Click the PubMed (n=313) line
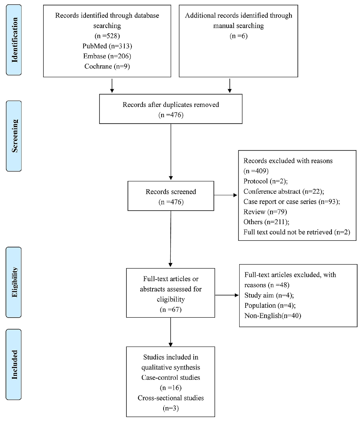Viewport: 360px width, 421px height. (x=107, y=46)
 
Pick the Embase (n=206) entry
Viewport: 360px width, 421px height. (x=107, y=56)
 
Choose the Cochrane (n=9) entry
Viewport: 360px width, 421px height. (x=107, y=67)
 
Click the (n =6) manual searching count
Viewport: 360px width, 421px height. (x=238, y=36)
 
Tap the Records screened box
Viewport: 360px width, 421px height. (x=171, y=196)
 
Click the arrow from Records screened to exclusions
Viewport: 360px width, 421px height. (x=226, y=195)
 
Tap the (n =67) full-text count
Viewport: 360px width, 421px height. (x=170, y=309)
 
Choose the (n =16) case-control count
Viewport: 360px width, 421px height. (x=170, y=387)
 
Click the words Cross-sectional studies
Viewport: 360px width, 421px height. (x=170, y=398)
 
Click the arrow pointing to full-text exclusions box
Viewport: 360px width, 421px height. (x=227, y=295)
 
